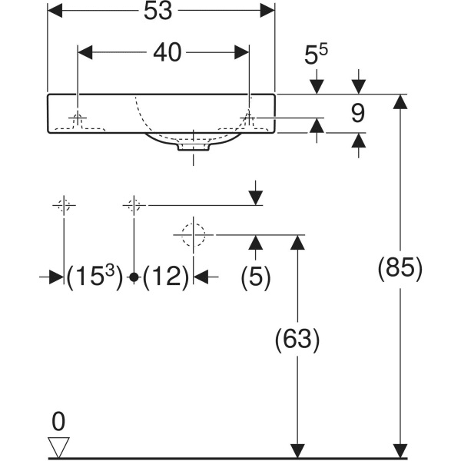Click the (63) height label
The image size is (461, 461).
[296, 339]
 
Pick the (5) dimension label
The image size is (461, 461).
[254, 277]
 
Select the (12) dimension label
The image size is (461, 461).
[166, 277]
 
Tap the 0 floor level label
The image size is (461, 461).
[59, 420]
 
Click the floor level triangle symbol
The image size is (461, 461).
[59, 446]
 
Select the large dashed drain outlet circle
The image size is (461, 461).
[191, 234]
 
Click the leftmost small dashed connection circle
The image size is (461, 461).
[64, 205]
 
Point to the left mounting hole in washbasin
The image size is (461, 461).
[78, 118]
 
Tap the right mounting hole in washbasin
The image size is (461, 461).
[248, 118]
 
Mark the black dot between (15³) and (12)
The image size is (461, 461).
[134, 277]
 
